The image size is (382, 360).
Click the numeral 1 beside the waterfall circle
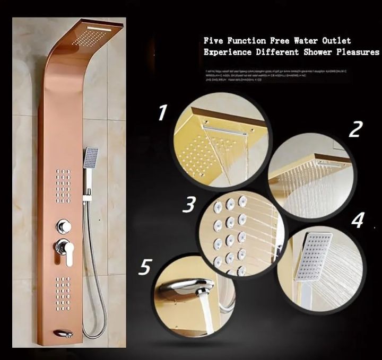[x=162, y=112]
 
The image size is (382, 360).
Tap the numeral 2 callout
[x=354, y=129]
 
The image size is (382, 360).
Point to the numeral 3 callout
[x=189, y=204]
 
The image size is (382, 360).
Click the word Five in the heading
[x=215, y=41]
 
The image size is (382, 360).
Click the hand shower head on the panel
[x=91, y=157]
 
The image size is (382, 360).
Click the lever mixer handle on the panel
[x=65, y=250]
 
